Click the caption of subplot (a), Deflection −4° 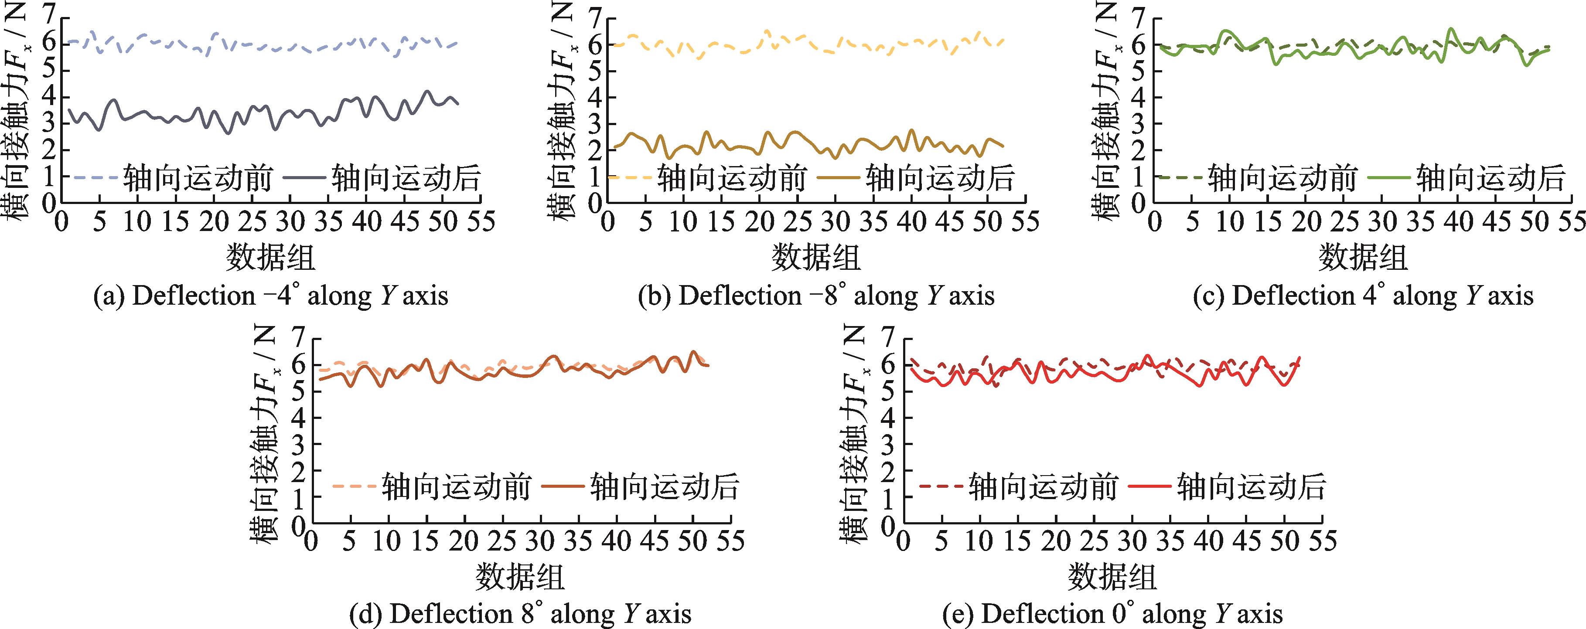coord(271,296)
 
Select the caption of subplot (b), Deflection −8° coord(816,296)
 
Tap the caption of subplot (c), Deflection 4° coord(1363,296)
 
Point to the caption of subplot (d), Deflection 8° coord(520,614)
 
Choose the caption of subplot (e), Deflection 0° coord(1112,614)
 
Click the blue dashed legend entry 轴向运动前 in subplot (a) coord(197,178)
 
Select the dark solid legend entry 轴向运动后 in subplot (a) coord(405,178)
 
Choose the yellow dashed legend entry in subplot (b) coord(731,178)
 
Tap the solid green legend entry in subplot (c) coord(1490,178)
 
